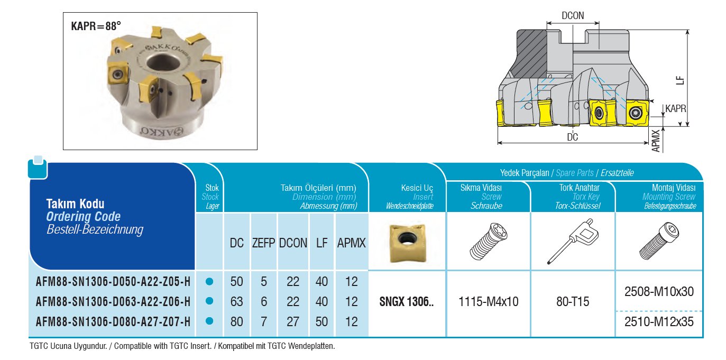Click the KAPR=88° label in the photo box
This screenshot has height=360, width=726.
pos(96,26)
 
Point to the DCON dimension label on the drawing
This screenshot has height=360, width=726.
pos(573,15)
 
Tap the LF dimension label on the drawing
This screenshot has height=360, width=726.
pos(681,80)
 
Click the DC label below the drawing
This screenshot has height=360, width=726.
pos(572,137)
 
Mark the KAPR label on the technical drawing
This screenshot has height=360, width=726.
pos(676,108)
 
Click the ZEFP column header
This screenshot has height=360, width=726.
pos(263,243)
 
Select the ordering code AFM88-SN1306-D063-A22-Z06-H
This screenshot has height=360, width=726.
pos(113,302)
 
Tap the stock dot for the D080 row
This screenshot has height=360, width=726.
pos(209,321)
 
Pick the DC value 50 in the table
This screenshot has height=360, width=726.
pos(236,282)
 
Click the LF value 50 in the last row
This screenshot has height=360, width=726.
pos(322,322)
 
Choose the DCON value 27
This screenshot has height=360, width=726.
pos(292,322)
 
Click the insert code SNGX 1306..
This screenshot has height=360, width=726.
pos(407,302)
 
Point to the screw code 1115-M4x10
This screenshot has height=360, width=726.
pos(489,302)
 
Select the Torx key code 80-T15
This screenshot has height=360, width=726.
pos(573,302)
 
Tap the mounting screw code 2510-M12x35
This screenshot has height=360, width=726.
pos(659,322)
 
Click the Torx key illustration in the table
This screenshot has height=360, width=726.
pos(573,242)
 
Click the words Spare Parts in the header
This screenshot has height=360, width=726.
pos(575,173)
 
